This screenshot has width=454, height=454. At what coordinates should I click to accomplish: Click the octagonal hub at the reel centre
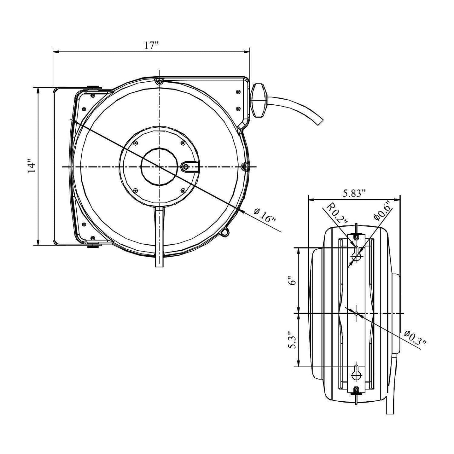pos(159,166)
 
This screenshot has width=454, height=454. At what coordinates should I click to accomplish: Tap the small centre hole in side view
pos(356,313)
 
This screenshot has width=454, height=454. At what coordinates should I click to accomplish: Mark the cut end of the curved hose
pos(320,121)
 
